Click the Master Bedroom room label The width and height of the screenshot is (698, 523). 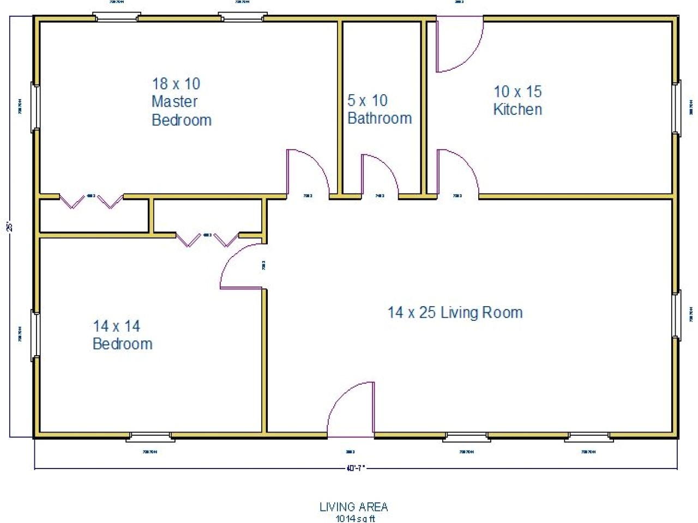(180, 102)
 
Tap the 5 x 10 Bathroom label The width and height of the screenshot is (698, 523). (379, 109)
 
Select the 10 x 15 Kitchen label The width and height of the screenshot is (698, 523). (518, 100)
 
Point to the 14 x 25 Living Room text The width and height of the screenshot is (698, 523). (455, 312)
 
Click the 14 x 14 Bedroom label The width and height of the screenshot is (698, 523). (122, 335)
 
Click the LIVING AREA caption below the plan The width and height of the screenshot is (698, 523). (353, 507)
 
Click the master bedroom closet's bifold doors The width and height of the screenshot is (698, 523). (91, 201)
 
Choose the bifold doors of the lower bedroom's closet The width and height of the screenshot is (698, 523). (207, 239)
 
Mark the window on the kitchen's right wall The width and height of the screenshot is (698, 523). (676, 107)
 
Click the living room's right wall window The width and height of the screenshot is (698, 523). (676, 315)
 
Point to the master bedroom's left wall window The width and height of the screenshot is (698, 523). (35, 107)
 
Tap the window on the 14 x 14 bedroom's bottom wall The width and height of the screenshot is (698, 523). (151, 436)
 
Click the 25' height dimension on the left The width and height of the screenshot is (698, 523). (9, 226)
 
